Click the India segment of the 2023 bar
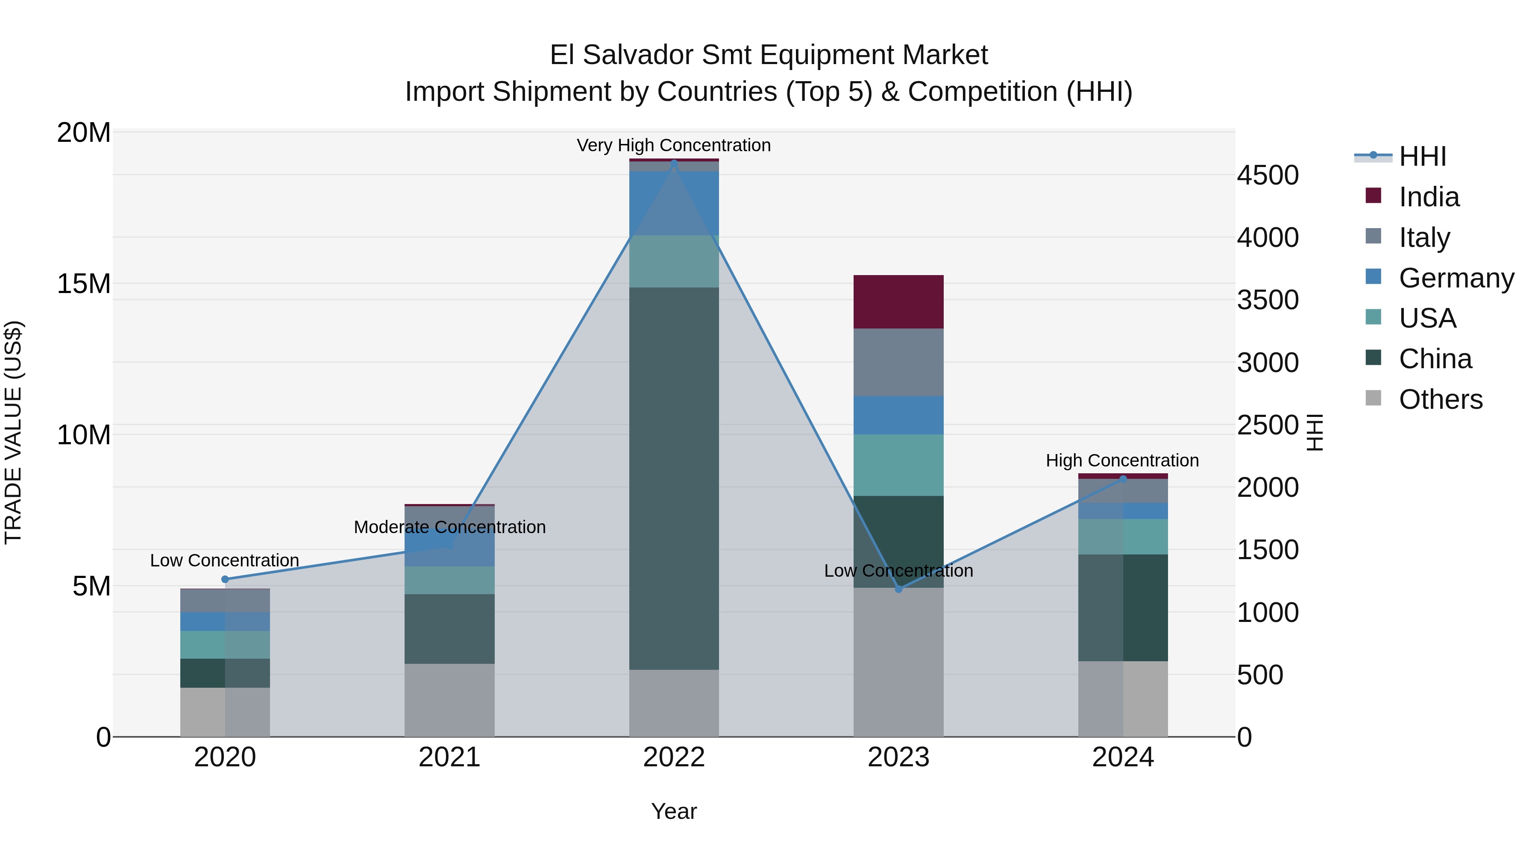click(x=898, y=302)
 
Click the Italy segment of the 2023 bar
click(x=898, y=362)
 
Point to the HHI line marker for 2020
click(x=225, y=579)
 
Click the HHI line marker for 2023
click(x=898, y=589)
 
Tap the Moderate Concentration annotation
click(x=449, y=527)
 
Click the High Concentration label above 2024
click(x=1122, y=460)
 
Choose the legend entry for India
click(x=1428, y=197)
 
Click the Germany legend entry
click(x=1456, y=278)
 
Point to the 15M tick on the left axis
click(x=84, y=284)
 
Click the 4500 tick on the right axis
click(x=1267, y=176)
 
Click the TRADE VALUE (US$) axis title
click(x=13, y=432)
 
